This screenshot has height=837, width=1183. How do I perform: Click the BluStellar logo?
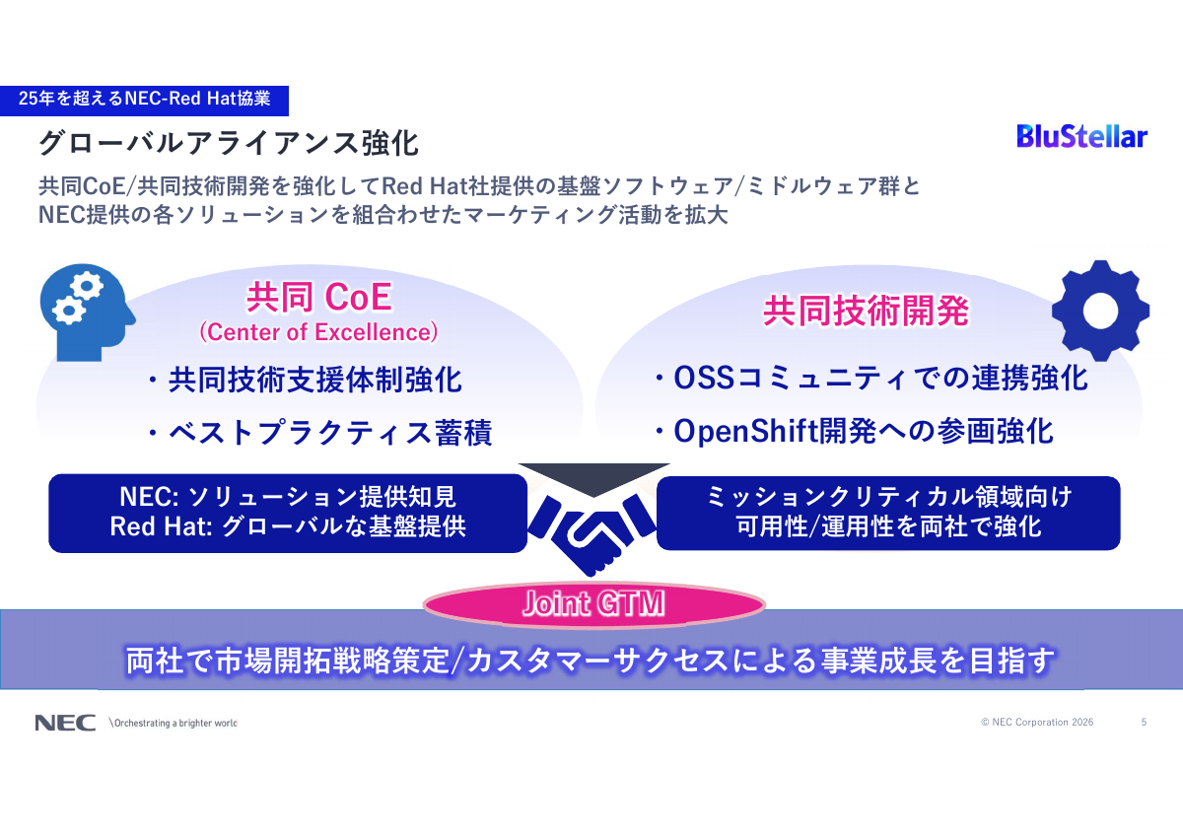[1081, 136]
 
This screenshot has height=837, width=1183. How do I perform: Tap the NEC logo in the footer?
[65, 723]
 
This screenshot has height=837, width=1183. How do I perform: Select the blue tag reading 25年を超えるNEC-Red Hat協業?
[144, 99]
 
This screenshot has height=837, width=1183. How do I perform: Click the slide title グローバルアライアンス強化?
[229, 143]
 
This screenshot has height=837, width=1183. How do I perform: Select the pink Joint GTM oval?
[593, 604]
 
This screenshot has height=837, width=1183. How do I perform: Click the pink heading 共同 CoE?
[317, 297]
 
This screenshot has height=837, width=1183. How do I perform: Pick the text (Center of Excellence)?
[317, 332]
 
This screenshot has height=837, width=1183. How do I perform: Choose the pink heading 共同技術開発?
[866, 312]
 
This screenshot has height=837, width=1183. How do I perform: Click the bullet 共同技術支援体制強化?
[304, 380]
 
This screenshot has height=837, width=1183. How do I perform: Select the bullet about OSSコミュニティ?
[870, 378]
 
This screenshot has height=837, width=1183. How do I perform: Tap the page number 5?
[1144, 723]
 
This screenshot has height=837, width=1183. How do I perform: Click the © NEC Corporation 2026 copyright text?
[1036, 723]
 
